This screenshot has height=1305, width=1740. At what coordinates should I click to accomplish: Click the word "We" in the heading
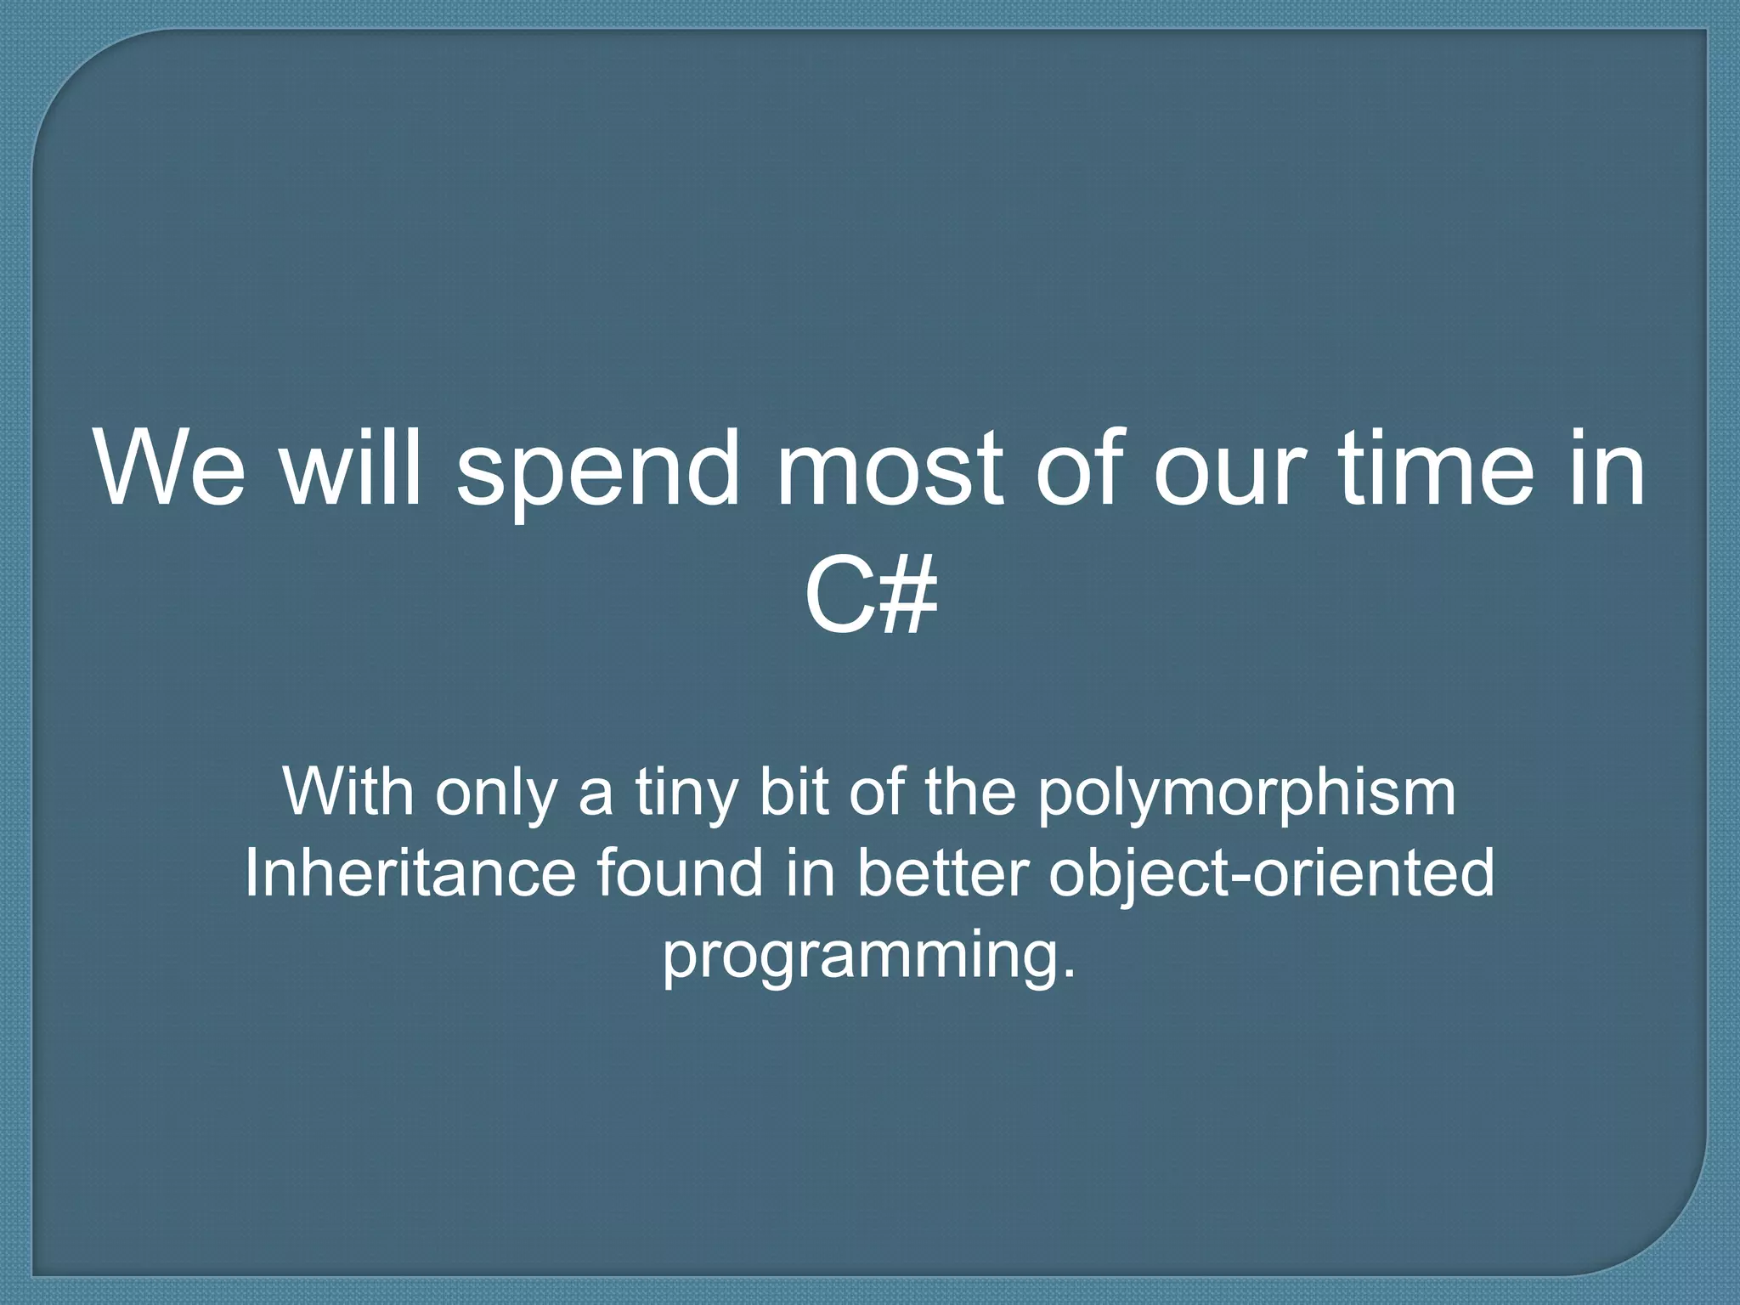(171, 469)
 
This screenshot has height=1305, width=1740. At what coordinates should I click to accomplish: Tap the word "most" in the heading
(887, 469)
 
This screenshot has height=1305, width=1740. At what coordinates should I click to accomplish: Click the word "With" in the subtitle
(348, 791)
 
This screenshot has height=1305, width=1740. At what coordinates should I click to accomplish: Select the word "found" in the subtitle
(680, 873)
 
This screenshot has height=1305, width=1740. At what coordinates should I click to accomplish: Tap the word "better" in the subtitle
(942, 873)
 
